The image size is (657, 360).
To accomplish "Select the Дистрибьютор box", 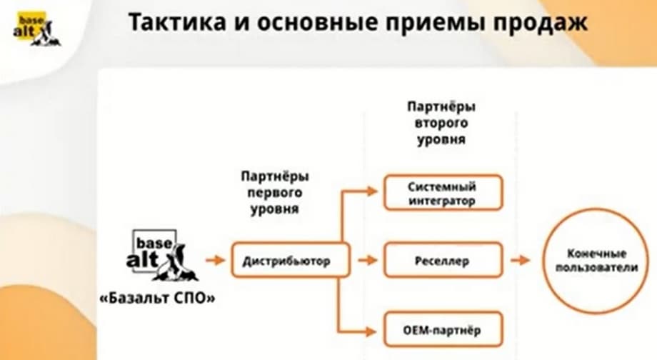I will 291,261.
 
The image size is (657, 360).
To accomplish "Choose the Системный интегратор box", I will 443,194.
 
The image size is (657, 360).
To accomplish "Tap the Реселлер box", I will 443,261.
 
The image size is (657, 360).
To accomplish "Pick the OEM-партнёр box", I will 443,331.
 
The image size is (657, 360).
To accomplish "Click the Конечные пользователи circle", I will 596,261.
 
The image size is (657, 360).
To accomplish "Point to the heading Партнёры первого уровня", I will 274,192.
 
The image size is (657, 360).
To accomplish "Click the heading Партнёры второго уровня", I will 441,123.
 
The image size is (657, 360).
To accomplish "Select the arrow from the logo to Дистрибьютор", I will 214,261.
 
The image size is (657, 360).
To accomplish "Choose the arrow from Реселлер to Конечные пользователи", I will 521,261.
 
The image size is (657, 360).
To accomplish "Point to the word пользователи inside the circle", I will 596,267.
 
